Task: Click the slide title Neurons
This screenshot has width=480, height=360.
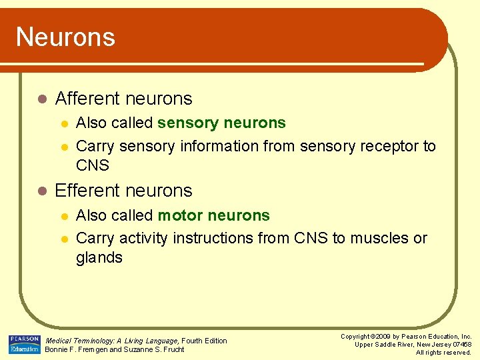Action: pos(65,37)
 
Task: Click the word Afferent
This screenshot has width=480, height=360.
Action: pos(87,99)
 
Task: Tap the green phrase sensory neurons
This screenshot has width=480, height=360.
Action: pos(221,123)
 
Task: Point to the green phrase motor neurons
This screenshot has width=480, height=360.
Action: pos(213,215)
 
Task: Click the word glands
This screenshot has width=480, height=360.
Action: pos(99,258)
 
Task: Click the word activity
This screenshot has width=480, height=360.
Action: pos(143,238)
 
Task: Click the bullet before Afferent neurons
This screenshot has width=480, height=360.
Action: pos(41,99)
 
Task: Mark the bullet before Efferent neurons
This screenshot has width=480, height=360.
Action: pos(41,191)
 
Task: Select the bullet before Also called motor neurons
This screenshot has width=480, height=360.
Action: pos(63,216)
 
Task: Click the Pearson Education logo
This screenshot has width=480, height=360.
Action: pos(24,344)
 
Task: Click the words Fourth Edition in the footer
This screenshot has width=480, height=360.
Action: pos(205,341)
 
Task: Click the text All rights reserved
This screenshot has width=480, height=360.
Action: pos(443,352)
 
